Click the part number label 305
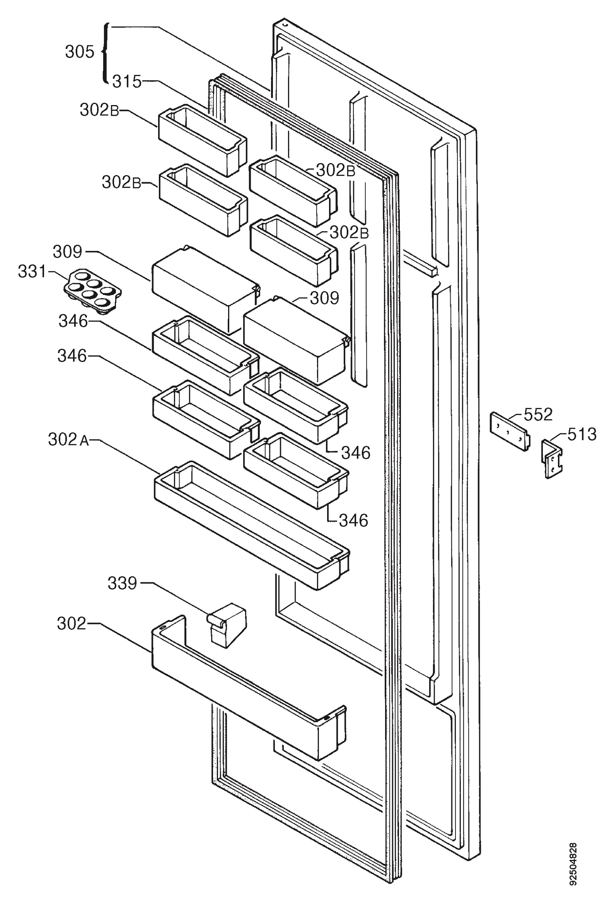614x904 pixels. pyautogui.click(x=79, y=52)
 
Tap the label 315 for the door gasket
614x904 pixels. pyautogui.click(x=127, y=82)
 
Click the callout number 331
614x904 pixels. pyautogui.click(x=32, y=271)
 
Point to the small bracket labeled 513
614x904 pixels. pyautogui.click(x=552, y=459)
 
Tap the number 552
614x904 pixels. pyautogui.click(x=538, y=415)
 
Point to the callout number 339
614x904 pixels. pyautogui.click(x=122, y=583)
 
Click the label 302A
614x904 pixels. pyautogui.click(x=69, y=440)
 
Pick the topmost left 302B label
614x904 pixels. pyautogui.click(x=99, y=110)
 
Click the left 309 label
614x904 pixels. pyautogui.click(x=68, y=252)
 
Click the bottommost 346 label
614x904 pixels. pyautogui.click(x=353, y=521)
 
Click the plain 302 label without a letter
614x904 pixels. pyautogui.click(x=72, y=623)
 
